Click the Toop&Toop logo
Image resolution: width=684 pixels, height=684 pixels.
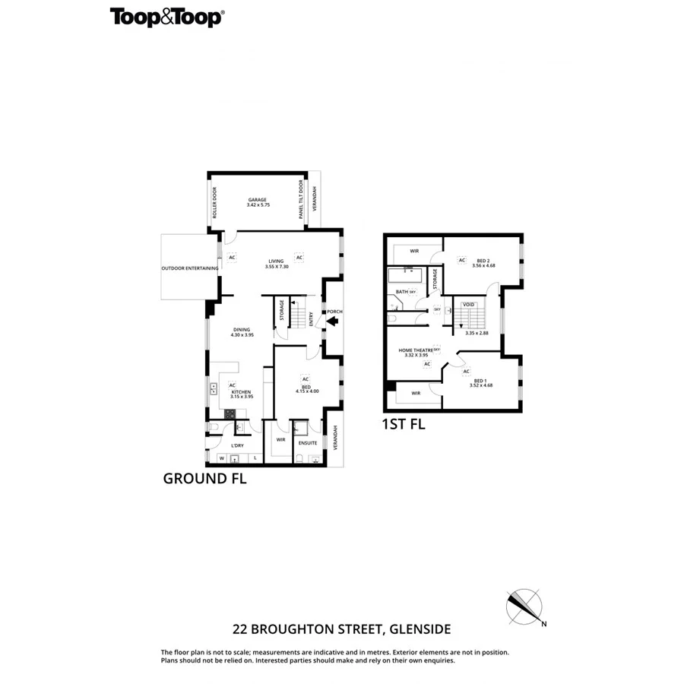pyautogui.click(x=166, y=17)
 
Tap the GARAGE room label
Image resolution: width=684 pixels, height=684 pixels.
pyautogui.click(x=257, y=199)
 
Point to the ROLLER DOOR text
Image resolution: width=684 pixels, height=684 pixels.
pyautogui.click(x=215, y=203)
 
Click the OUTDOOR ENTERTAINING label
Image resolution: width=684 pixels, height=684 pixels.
pyautogui.click(x=190, y=268)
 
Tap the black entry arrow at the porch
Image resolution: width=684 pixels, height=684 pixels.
pyautogui.click(x=331, y=321)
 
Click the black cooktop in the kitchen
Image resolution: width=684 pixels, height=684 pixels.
pyautogui.click(x=230, y=414)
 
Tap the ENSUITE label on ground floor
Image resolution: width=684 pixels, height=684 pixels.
pyautogui.click(x=308, y=442)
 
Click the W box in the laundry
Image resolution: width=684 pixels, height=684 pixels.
pyautogui.click(x=221, y=458)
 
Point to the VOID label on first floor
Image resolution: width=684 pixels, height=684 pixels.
pyautogui.click(x=469, y=305)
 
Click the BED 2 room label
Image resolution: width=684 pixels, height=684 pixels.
pyautogui.click(x=483, y=260)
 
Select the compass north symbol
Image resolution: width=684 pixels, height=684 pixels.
pyautogui.click(x=524, y=606)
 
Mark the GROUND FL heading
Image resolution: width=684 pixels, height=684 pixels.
pyautogui.click(x=204, y=479)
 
